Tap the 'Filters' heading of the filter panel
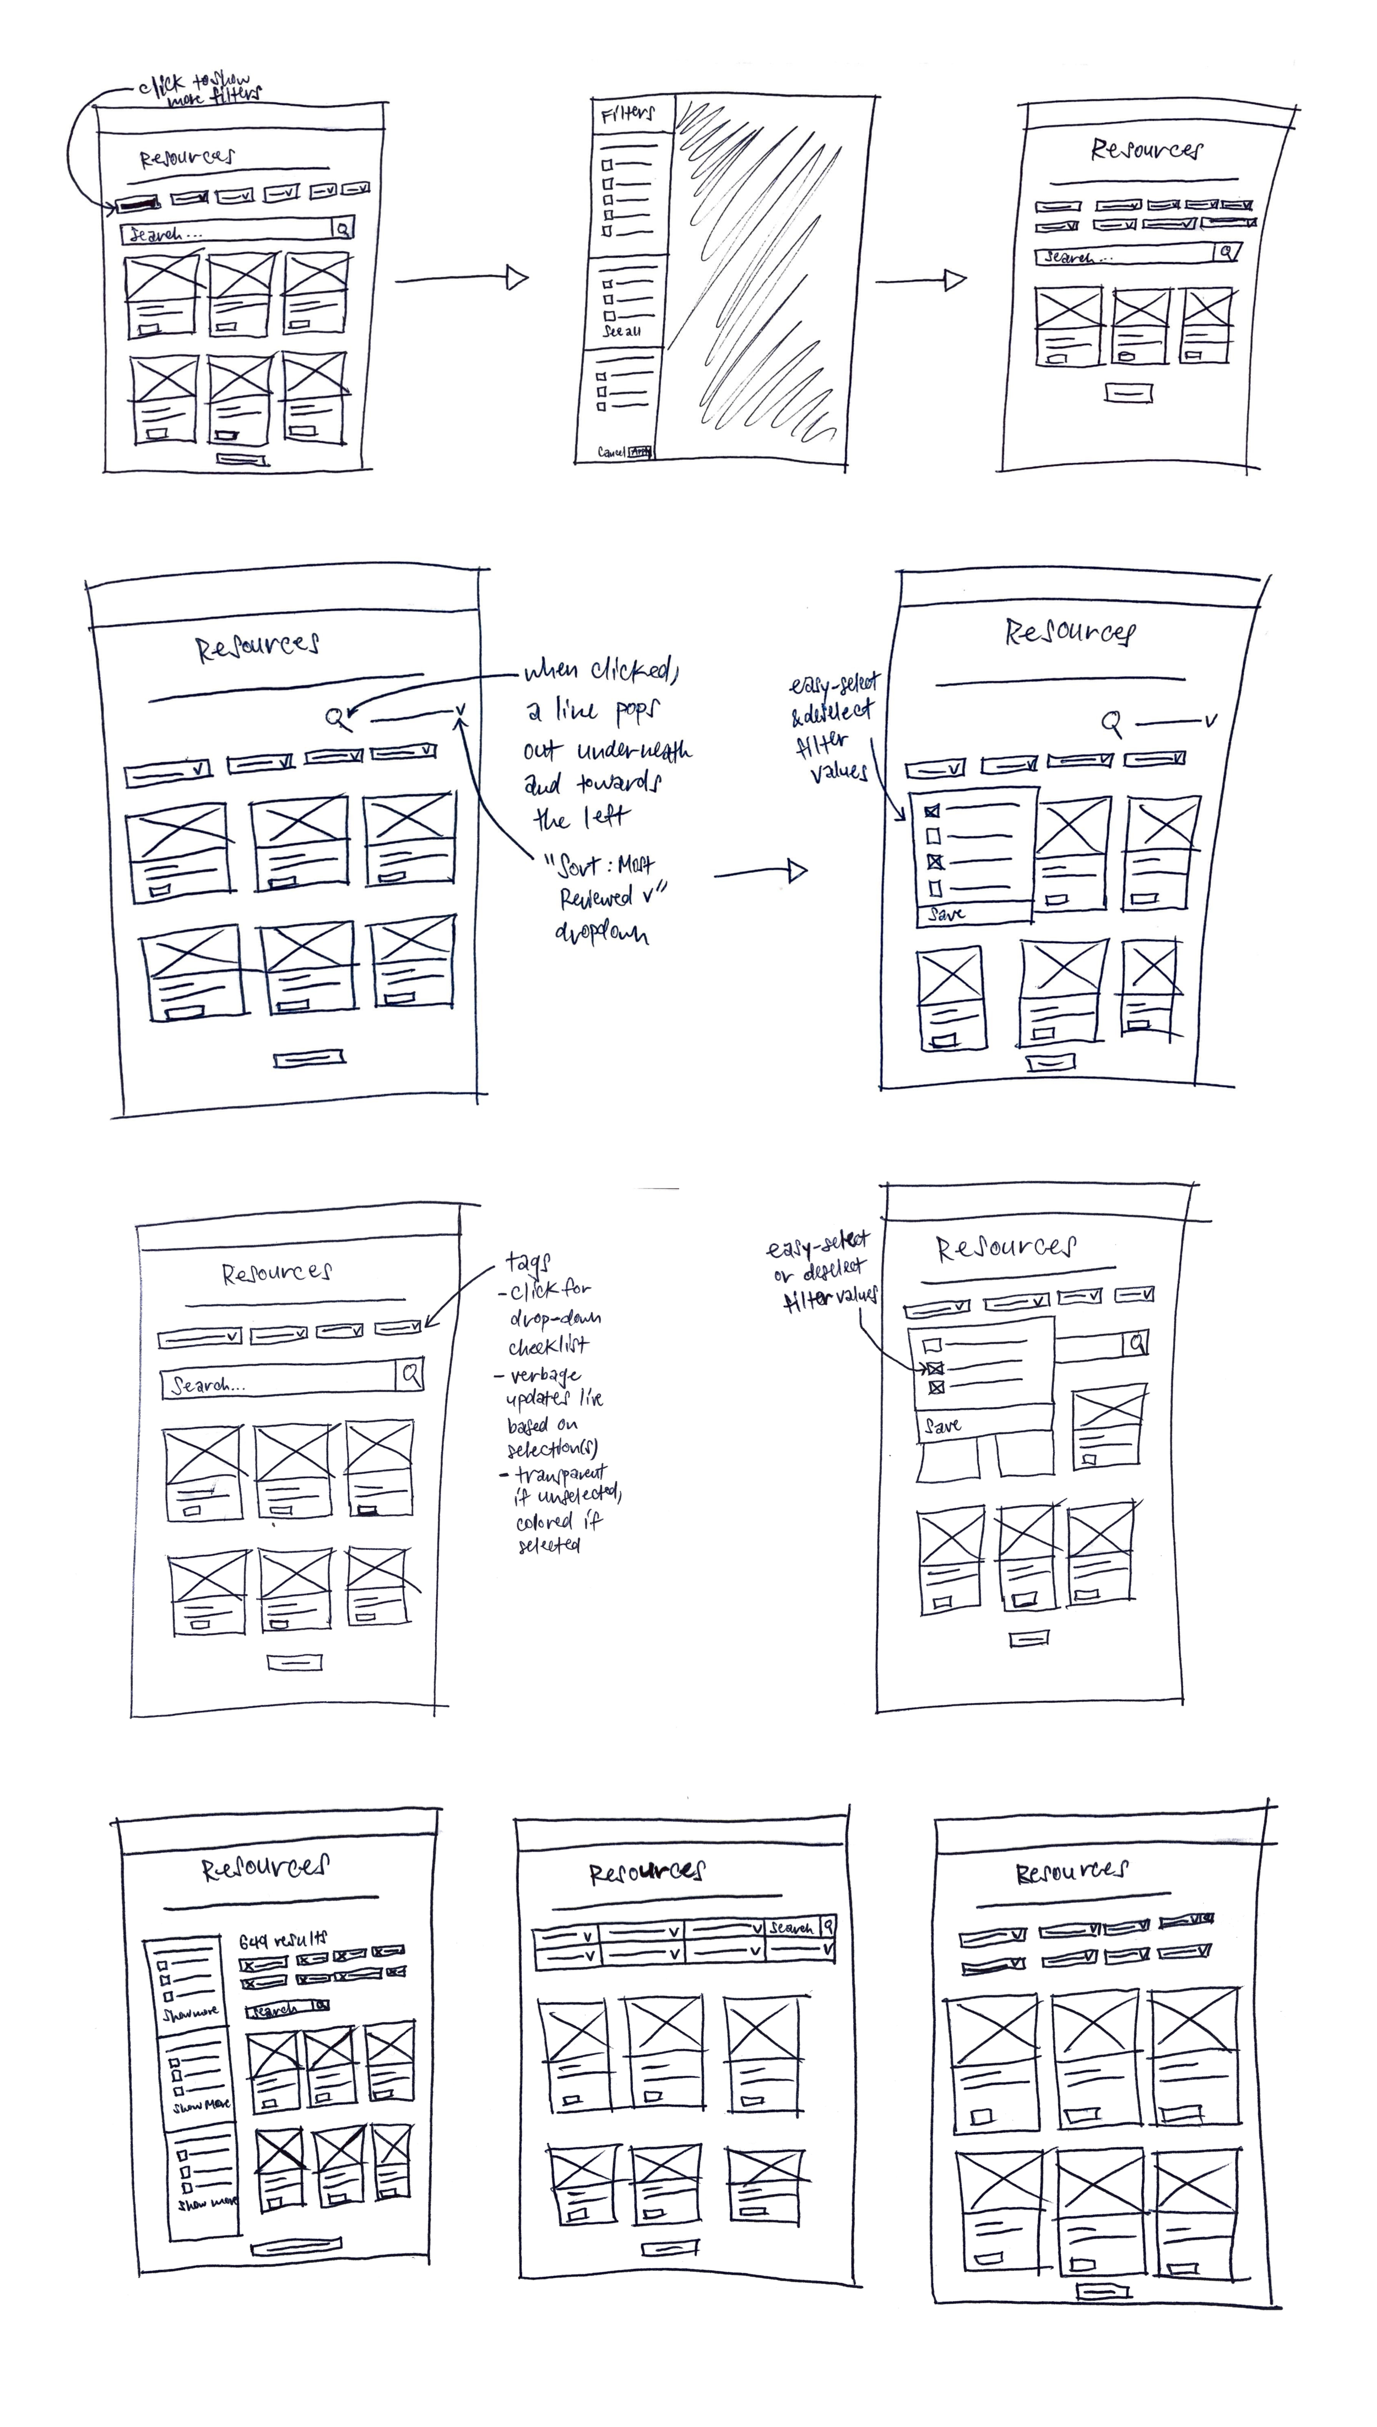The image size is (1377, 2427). pos(627,115)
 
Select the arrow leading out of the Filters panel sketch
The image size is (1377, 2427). pos(920,280)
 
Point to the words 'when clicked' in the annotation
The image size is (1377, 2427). pos(600,671)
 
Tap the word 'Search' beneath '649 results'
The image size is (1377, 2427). pos(274,2010)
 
